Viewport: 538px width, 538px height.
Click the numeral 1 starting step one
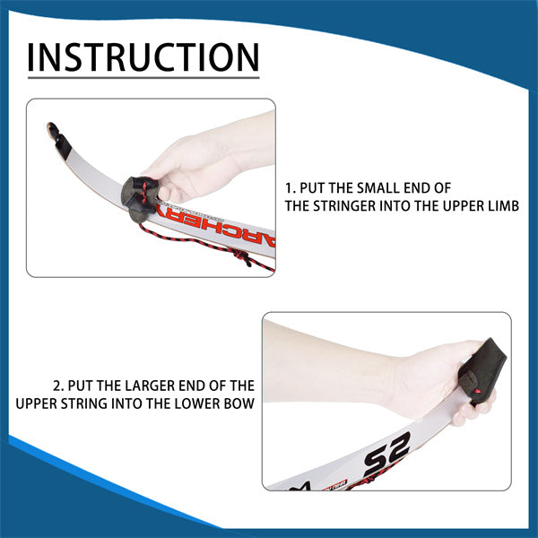[289, 188]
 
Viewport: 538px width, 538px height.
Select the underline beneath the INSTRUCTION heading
[143, 78]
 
